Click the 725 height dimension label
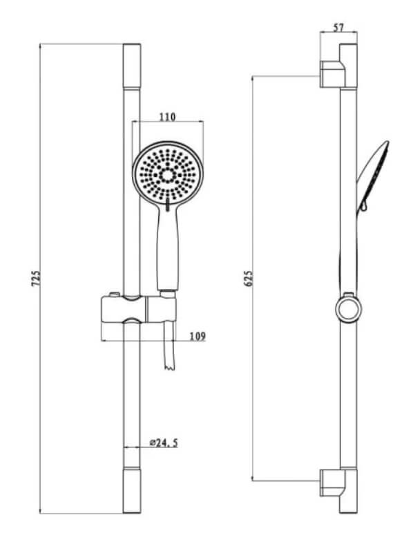(x=36, y=279)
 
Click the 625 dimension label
(x=248, y=279)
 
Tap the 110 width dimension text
(x=167, y=117)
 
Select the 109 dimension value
(x=198, y=336)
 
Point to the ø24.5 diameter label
(x=164, y=443)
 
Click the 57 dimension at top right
(x=338, y=27)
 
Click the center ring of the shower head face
(x=167, y=176)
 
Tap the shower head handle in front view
(x=168, y=248)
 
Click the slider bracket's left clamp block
(x=124, y=309)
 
